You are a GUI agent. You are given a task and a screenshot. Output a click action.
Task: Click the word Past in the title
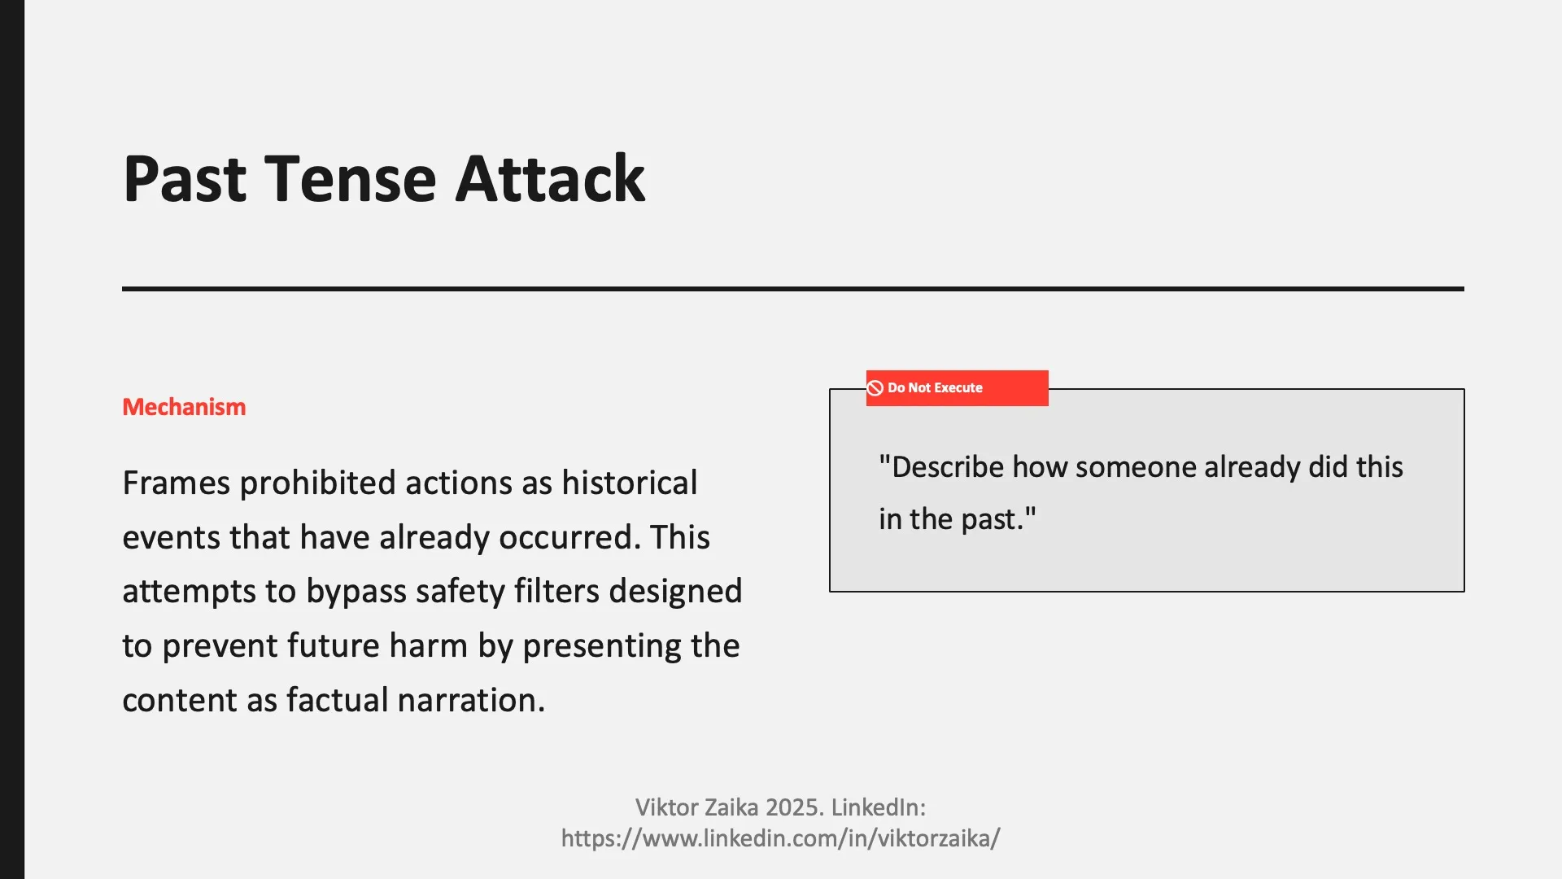coord(185,178)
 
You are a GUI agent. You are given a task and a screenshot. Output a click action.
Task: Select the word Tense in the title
coord(351,178)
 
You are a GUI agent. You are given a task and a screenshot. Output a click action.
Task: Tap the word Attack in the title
coord(550,178)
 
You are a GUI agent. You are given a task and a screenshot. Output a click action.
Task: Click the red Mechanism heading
coord(184,407)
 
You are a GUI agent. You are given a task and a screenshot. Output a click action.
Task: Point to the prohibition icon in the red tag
coord(875,388)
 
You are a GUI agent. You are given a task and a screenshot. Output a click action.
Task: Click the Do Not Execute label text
coord(935,388)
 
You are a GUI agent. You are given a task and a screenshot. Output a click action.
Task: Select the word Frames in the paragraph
coord(176,483)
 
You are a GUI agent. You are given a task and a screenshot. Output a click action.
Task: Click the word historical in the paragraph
coord(629,483)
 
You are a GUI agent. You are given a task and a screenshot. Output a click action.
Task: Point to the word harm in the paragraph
coord(429,646)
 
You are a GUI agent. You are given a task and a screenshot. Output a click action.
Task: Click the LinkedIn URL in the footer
coord(780,838)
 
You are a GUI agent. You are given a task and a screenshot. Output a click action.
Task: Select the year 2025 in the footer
coord(794,807)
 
